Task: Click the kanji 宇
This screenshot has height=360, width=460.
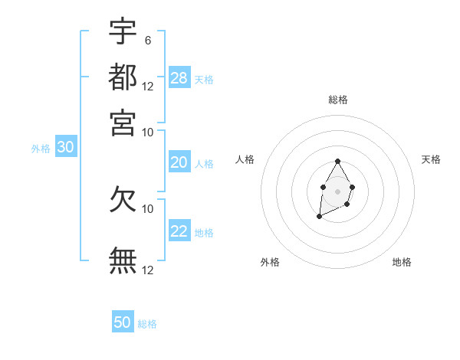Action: pyautogui.click(x=123, y=32)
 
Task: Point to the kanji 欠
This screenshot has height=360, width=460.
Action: pyautogui.click(x=123, y=199)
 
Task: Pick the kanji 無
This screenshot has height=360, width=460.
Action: pyautogui.click(x=123, y=260)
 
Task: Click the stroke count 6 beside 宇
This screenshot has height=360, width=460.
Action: pyautogui.click(x=148, y=40)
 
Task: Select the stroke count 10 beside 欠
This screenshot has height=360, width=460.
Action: pyautogui.click(x=148, y=208)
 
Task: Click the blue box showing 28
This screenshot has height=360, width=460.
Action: pyautogui.click(x=179, y=77)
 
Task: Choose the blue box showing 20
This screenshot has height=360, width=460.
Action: pyautogui.click(x=179, y=162)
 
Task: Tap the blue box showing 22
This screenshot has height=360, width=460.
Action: pyautogui.click(x=179, y=231)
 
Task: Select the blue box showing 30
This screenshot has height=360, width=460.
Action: pyautogui.click(x=65, y=148)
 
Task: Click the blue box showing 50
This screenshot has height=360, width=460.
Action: pyautogui.click(x=123, y=322)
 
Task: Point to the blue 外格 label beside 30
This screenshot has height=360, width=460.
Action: pyautogui.click(x=41, y=149)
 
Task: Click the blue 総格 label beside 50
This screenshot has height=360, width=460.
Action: pyautogui.click(x=147, y=324)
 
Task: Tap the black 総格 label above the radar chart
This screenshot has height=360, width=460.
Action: pyautogui.click(x=337, y=100)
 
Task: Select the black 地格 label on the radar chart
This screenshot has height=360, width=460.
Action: pyautogui.click(x=402, y=262)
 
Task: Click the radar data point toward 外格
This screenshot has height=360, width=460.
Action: pyautogui.click(x=319, y=217)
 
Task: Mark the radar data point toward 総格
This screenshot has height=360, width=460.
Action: pyautogui.click(x=337, y=161)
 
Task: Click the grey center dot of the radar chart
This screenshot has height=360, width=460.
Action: pyautogui.click(x=337, y=191)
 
